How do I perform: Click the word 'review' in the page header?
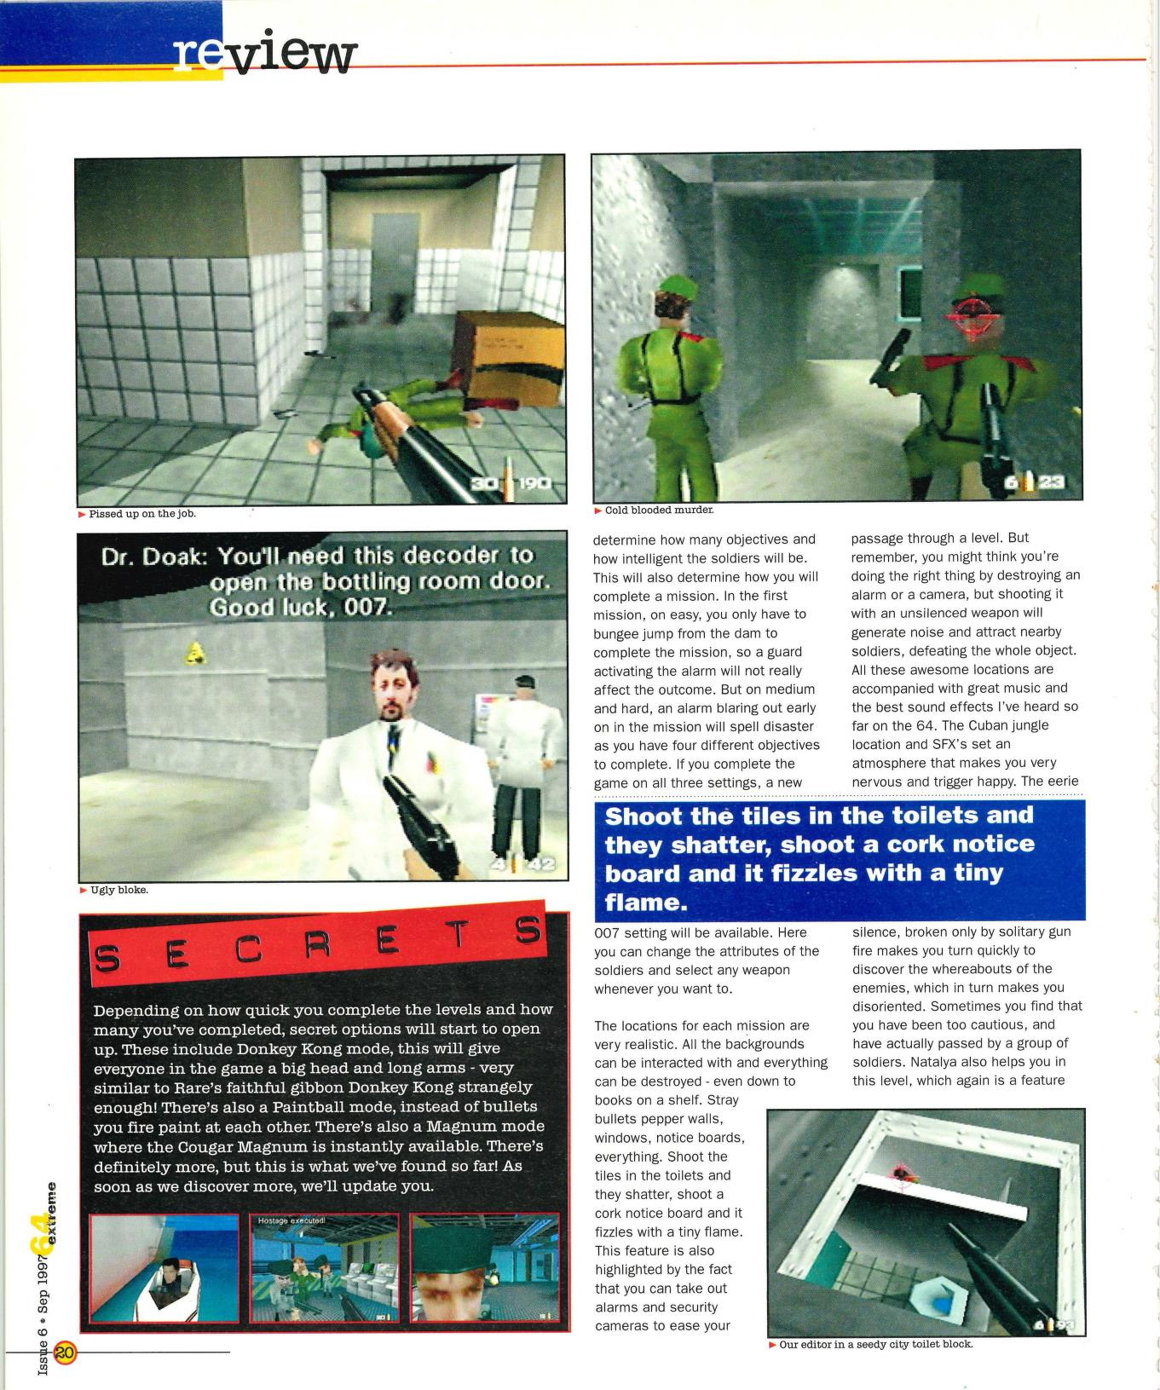(265, 55)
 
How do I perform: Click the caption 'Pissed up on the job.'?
(142, 514)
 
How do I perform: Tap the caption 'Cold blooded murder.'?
(659, 510)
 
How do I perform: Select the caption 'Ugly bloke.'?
(118, 890)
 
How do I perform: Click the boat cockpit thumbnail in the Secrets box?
(164, 1267)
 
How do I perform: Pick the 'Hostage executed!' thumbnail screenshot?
(324, 1267)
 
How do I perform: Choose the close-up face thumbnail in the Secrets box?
(484, 1267)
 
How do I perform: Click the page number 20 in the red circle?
(66, 1352)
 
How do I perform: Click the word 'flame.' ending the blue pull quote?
(646, 902)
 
